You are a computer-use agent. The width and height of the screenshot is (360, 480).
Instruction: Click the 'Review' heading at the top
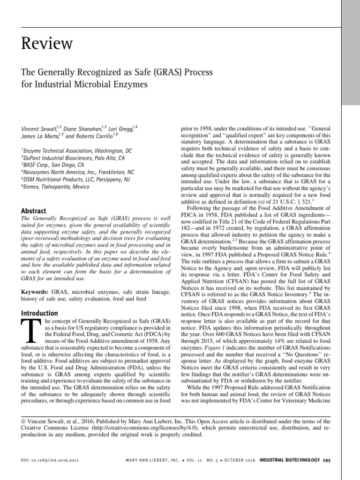click(47, 44)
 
